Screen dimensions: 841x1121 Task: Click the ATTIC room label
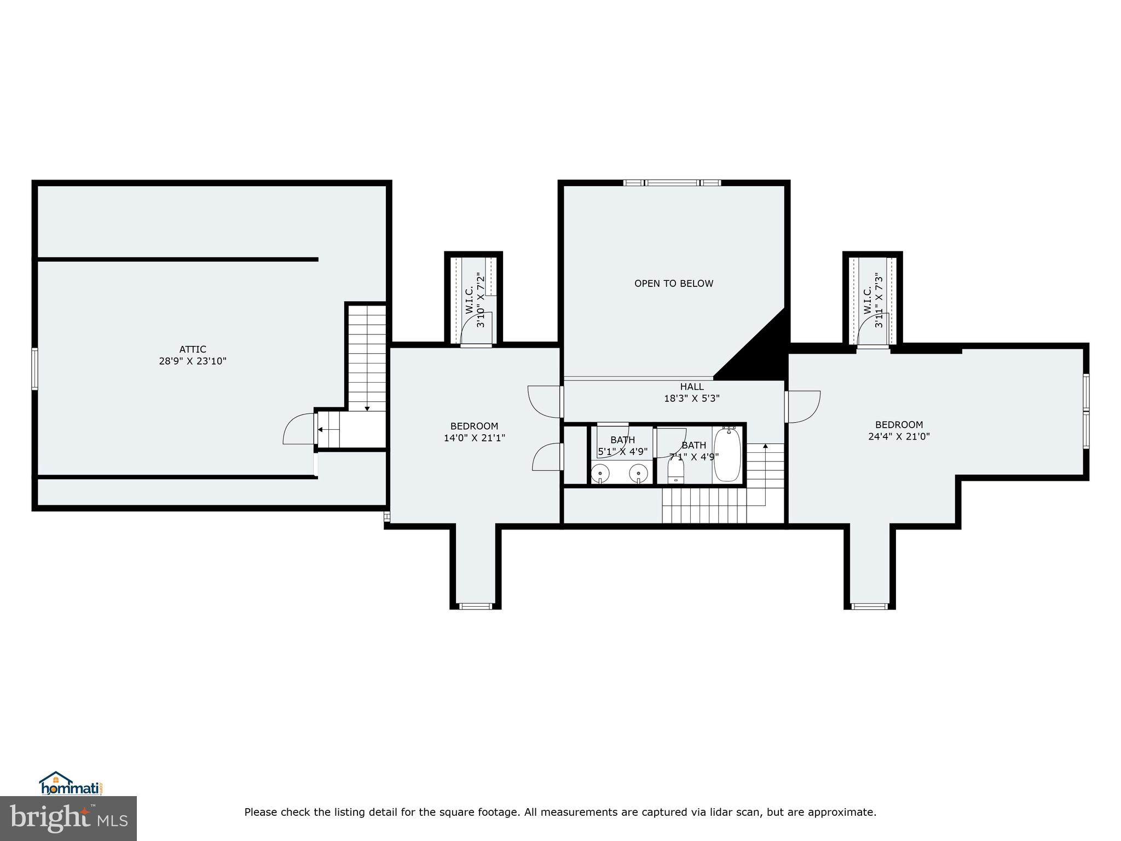pos(193,349)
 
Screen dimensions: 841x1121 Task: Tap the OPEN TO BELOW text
pos(673,284)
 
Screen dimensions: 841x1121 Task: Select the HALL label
pos(692,387)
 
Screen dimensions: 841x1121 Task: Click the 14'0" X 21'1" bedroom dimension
pos(474,438)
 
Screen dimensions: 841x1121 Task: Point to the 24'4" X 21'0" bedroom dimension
pos(899,436)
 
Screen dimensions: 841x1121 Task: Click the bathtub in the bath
pos(727,455)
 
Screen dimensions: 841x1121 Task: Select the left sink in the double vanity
pos(600,472)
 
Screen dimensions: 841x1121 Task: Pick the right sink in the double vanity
pos(638,472)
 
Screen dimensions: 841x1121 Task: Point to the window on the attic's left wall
pos(34,369)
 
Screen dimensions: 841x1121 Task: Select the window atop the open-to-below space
pos(672,183)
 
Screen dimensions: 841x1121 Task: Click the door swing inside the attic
pos(298,429)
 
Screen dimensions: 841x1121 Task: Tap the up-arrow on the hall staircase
pos(765,446)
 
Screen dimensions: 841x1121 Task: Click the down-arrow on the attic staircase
pos(367,408)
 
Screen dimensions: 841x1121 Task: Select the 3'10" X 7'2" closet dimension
pos(481,300)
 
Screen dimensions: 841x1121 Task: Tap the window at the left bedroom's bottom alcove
pos(475,606)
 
